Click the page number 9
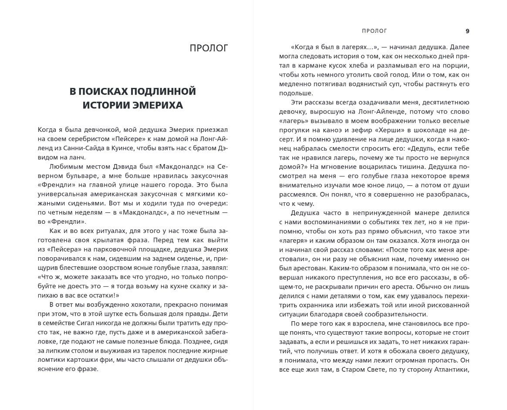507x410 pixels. point(467,31)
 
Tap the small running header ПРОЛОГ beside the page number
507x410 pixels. point(374,31)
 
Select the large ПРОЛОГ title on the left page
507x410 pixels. point(209,48)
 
